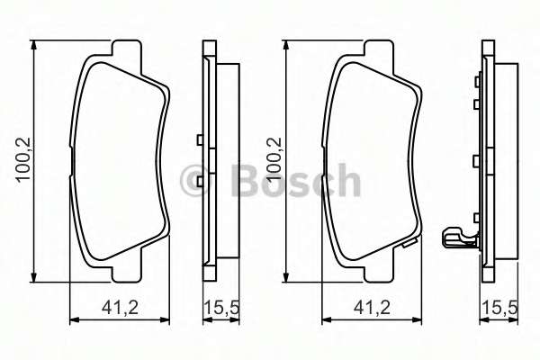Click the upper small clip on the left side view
(x=198, y=139)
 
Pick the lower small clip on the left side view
(x=198, y=182)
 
